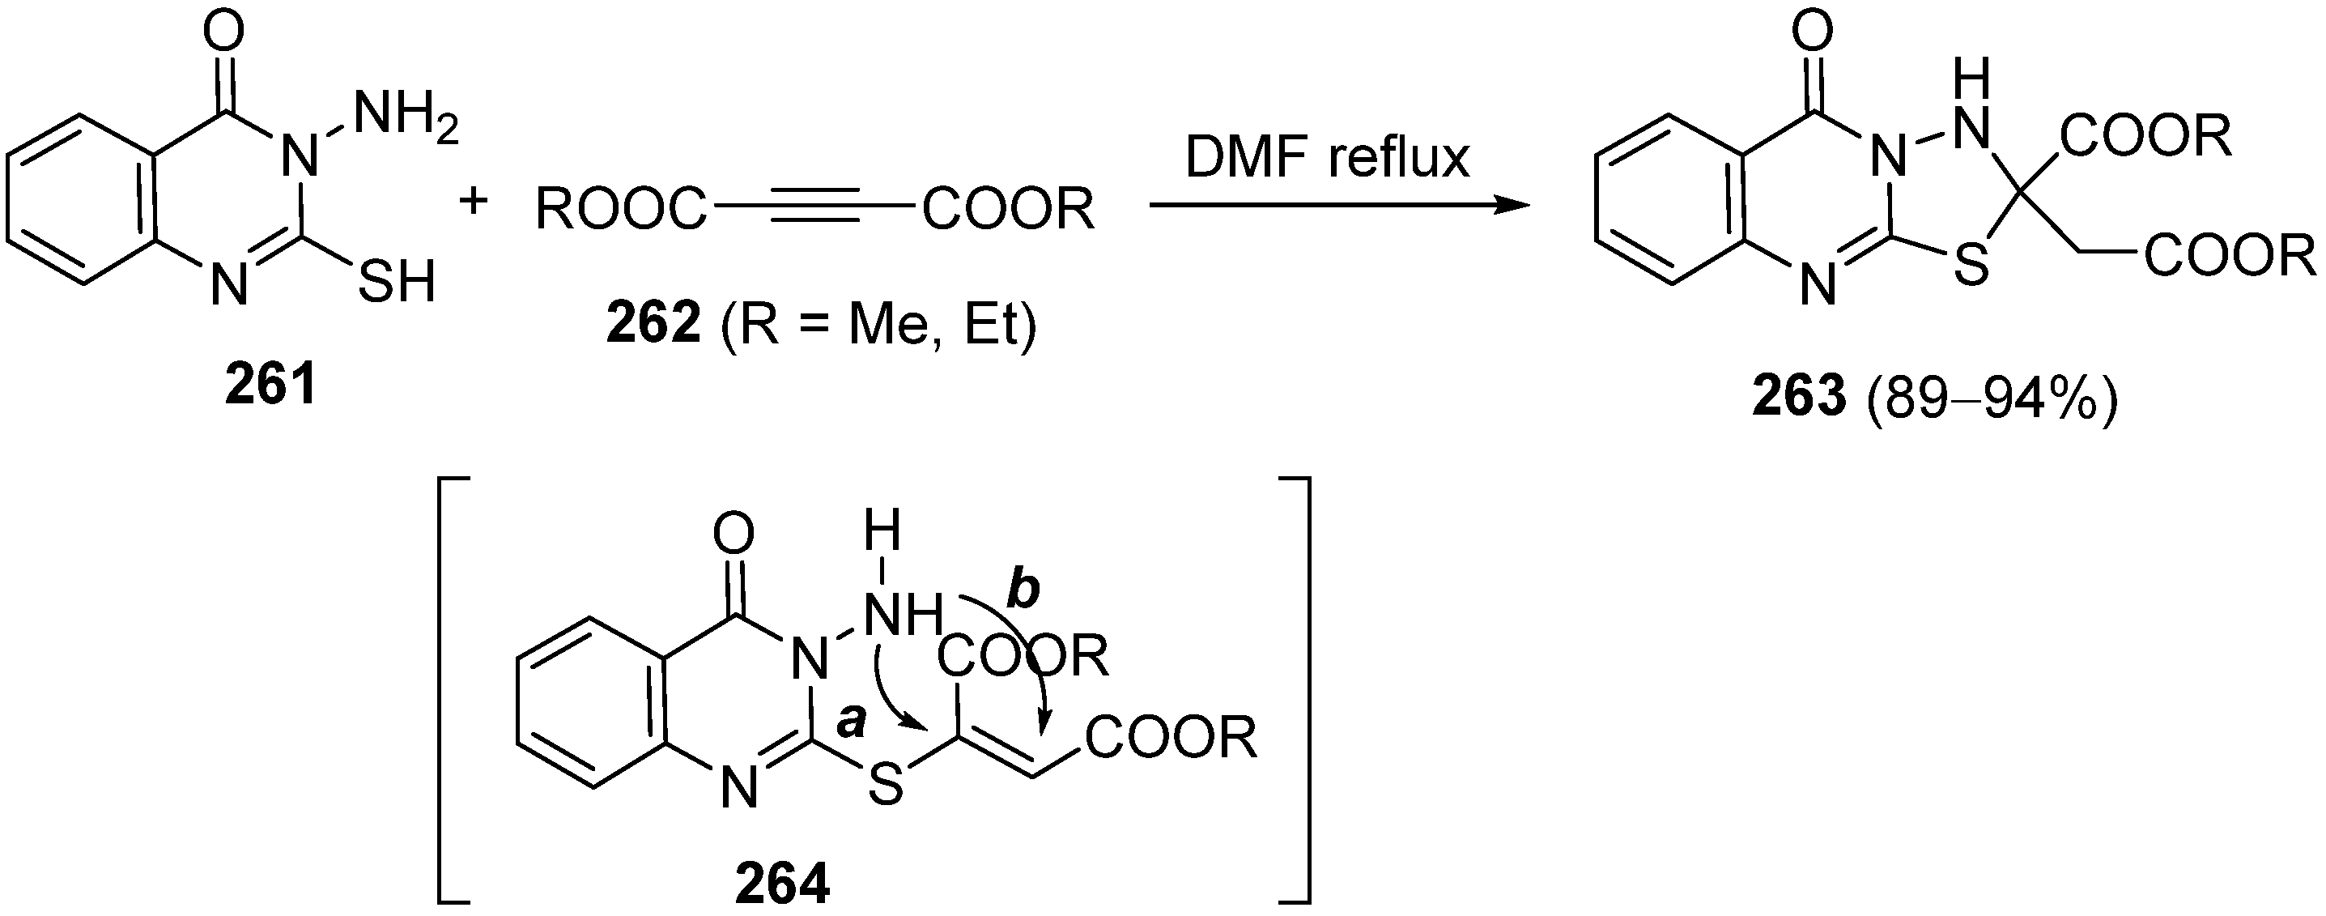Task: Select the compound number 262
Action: [x=653, y=324]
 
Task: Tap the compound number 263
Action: [x=1799, y=398]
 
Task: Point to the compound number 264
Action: [x=782, y=885]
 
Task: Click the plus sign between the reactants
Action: [x=473, y=201]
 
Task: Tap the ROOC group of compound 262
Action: [x=621, y=210]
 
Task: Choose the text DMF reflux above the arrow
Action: [x=1327, y=157]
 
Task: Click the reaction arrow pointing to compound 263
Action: [x=1337, y=206]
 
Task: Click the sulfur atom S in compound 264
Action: [x=886, y=786]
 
